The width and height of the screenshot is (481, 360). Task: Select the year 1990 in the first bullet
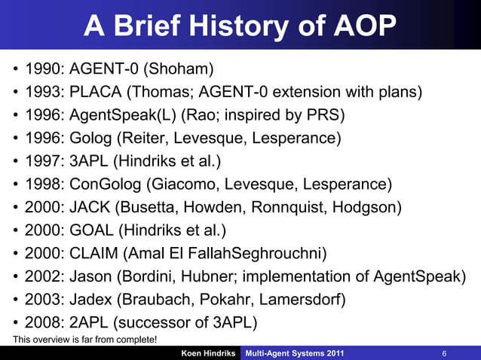point(43,71)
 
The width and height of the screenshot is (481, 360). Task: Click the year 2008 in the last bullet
point(43,322)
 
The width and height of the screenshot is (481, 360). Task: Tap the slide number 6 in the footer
point(445,352)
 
